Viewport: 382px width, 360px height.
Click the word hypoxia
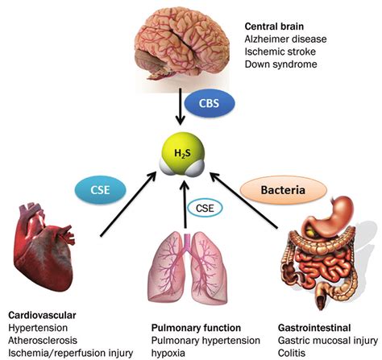[171, 353]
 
